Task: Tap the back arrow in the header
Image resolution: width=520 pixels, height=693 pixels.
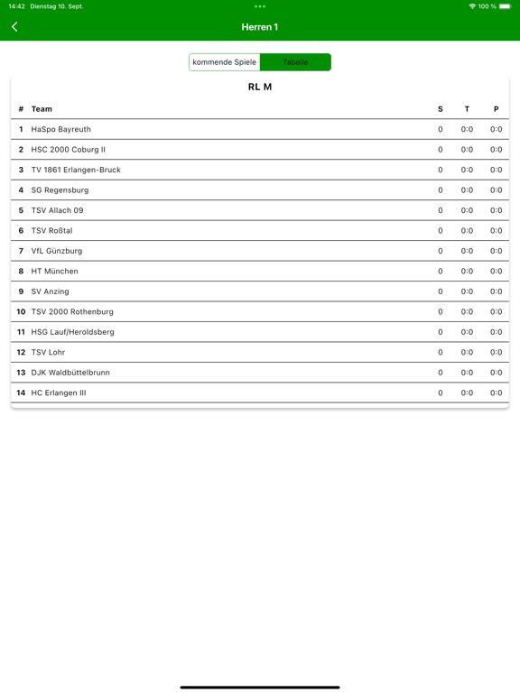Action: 14,27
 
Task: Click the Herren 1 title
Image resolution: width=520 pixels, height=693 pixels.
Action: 260,27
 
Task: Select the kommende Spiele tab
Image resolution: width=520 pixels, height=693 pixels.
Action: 225,62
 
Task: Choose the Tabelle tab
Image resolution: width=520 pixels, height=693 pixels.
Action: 295,62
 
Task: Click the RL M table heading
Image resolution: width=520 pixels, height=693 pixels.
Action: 260,87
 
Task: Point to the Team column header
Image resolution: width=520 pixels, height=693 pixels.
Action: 42,109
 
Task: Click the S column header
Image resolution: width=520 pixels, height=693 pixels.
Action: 441,109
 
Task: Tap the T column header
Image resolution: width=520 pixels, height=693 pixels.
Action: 467,109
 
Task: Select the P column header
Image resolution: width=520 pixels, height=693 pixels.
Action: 496,109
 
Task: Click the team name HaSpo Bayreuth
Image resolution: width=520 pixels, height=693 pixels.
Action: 60,129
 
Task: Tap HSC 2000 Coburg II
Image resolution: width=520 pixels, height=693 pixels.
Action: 68,150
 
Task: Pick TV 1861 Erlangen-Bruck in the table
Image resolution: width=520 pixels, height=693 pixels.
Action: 76,170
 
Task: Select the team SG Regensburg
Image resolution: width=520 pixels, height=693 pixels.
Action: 60,190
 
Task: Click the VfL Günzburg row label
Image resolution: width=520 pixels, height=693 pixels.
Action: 56,251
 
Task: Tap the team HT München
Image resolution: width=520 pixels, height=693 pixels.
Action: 54,271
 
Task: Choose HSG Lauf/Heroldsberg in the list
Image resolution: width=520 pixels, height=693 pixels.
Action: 72,332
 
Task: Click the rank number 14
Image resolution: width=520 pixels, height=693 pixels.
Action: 21,393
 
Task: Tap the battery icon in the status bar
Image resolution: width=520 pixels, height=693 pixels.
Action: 505,6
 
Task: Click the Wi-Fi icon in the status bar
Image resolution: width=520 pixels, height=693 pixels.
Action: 472,6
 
